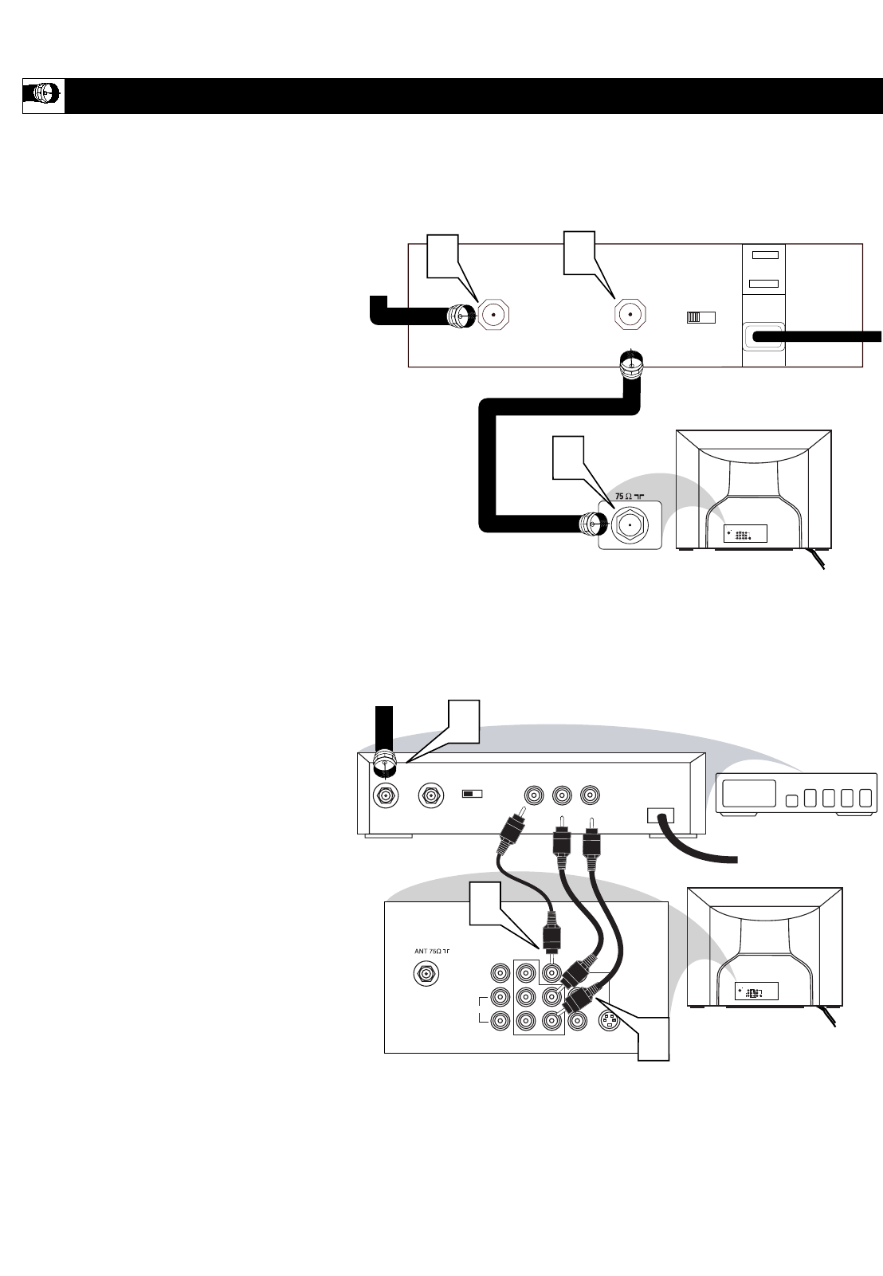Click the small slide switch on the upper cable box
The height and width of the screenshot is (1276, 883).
pyautogui.click(x=701, y=317)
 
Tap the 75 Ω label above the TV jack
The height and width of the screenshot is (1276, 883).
pyautogui.click(x=627, y=496)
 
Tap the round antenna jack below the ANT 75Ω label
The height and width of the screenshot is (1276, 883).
pyautogui.click(x=426, y=974)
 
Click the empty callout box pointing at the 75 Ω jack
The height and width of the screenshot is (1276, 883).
pyautogui.click(x=569, y=457)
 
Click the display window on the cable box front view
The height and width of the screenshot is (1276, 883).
pyautogui.click(x=748, y=792)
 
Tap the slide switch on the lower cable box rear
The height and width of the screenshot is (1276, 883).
pyautogui.click(x=473, y=795)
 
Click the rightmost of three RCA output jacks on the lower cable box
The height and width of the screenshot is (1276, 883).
pyautogui.click(x=590, y=796)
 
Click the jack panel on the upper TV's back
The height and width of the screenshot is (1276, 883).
pyautogui.click(x=744, y=534)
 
